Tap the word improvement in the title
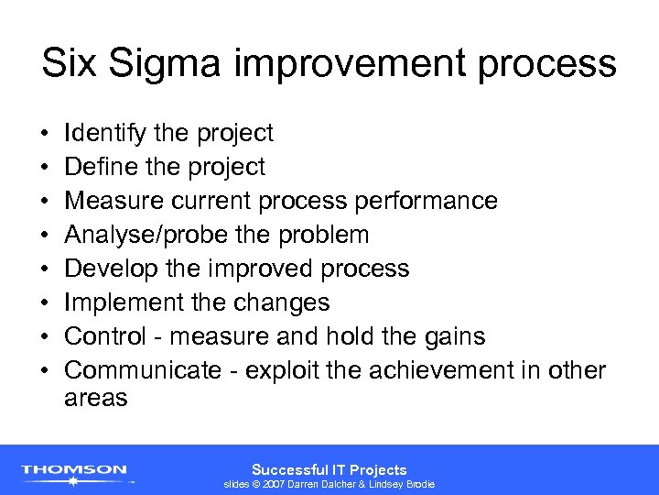click(x=339, y=66)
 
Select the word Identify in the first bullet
click(x=103, y=134)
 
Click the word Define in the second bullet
click(x=98, y=167)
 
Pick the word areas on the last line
click(x=96, y=399)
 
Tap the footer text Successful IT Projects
click(x=329, y=468)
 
